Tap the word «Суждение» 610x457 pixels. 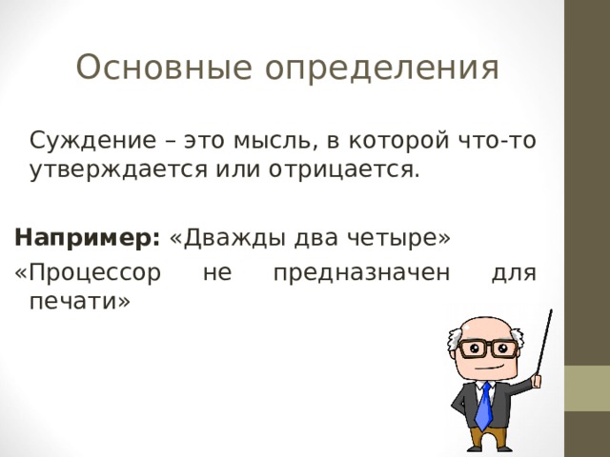[82, 142]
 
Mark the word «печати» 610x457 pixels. [75, 302]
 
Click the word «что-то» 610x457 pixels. [496, 142]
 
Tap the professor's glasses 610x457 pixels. [485, 348]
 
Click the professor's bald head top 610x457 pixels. [482, 320]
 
